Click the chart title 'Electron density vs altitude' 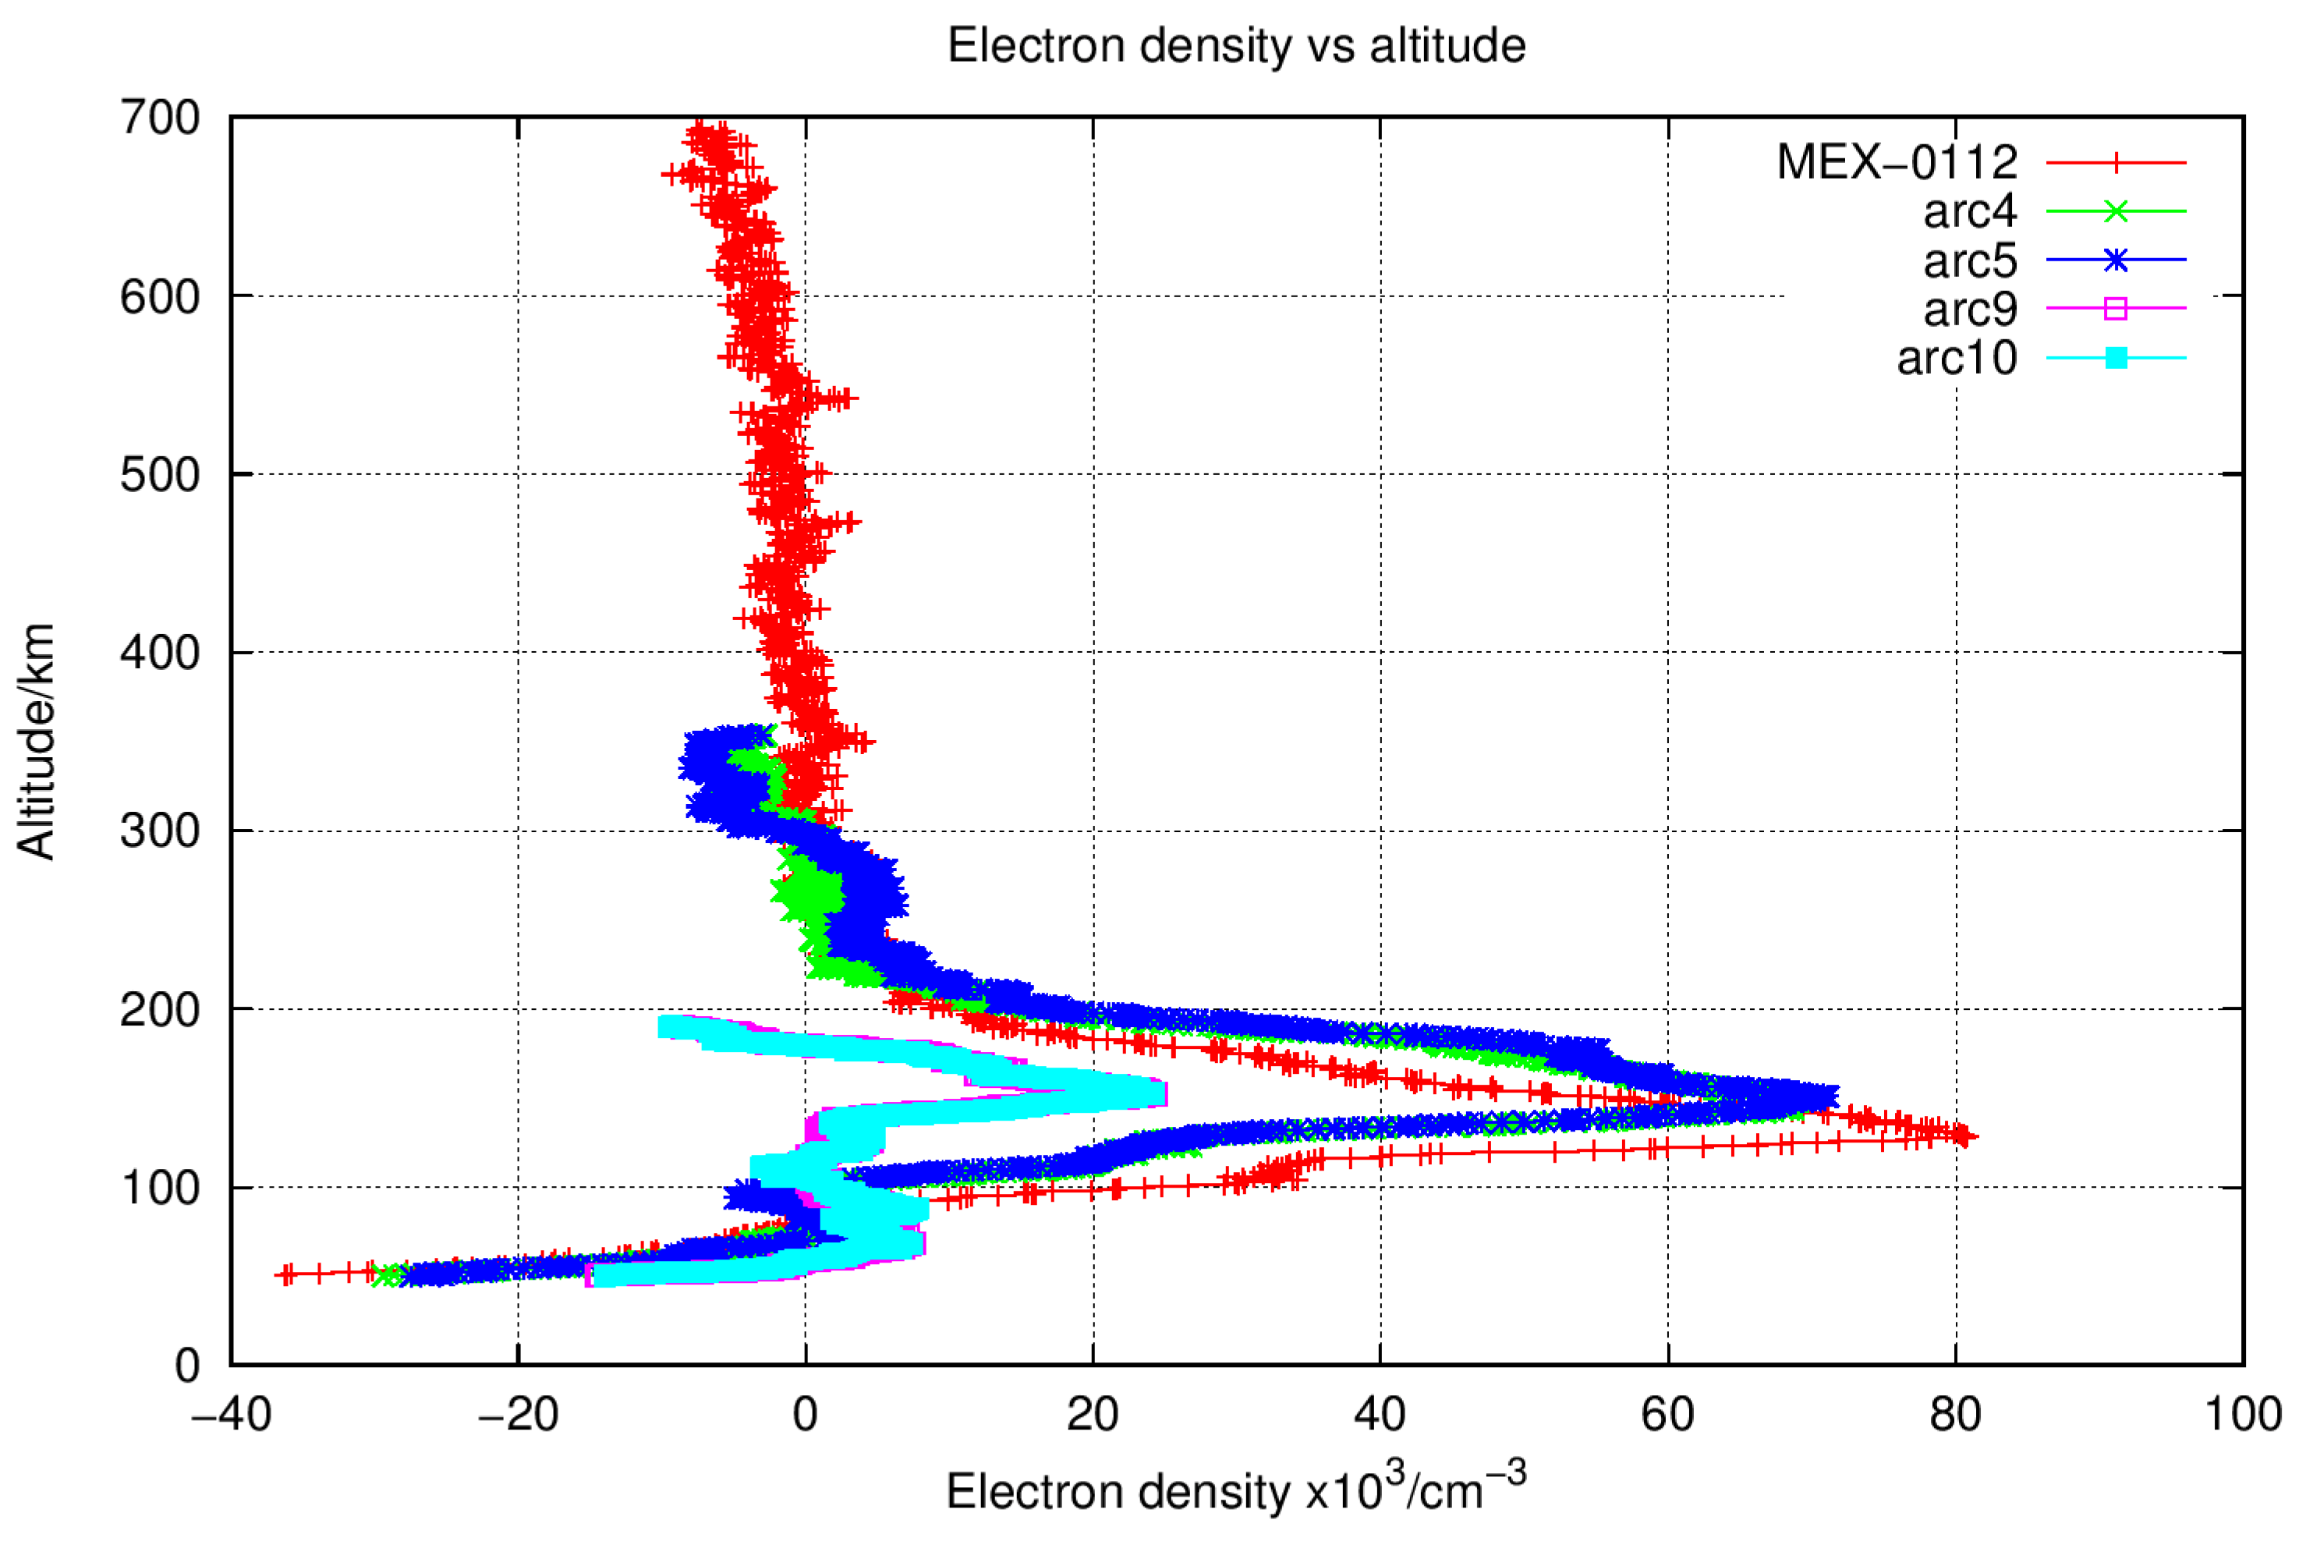pyautogui.click(x=1236, y=46)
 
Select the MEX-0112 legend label pyautogui.click(x=1897, y=162)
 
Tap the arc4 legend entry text pyautogui.click(x=1969, y=211)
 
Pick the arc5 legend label pyautogui.click(x=1969, y=260)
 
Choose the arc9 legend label pyautogui.click(x=1969, y=309)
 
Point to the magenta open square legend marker pyautogui.click(x=2116, y=309)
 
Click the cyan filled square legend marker pyautogui.click(x=2116, y=358)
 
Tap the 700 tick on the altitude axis pyautogui.click(x=160, y=118)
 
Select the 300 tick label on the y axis pyautogui.click(x=160, y=831)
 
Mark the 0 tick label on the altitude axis pyautogui.click(x=186, y=1366)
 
